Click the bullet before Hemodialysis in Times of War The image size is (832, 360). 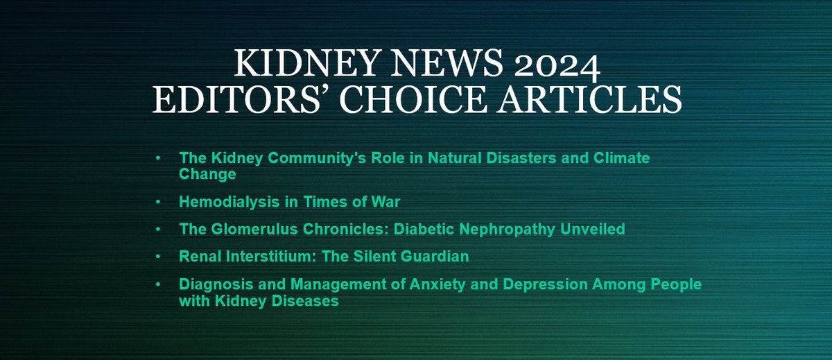pyautogui.click(x=159, y=202)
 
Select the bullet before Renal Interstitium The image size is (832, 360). pyautogui.click(x=159, y=257)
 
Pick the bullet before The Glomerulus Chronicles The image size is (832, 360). pyautogui.click(x=159, y=229)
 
